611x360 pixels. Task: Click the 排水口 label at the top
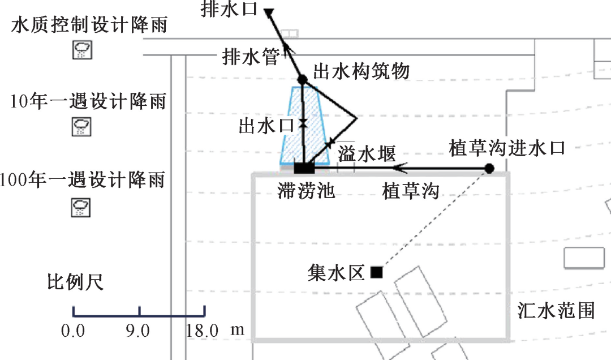[x=229, y=10]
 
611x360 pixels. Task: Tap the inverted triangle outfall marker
[x=269, y=11]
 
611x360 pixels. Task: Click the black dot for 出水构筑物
[x=302, y=80]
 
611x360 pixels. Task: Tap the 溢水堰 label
[x=366, y=153]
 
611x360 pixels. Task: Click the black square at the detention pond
[x=304, y=168]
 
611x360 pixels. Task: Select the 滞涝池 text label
[x=306, y=191]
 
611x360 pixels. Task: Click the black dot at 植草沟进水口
[x=489, y=168]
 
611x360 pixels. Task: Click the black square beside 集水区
[x=376, y=273]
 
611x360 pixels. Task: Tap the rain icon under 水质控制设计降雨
[x=82, y=50]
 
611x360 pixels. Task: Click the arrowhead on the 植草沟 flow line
[x=399, y=168]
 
